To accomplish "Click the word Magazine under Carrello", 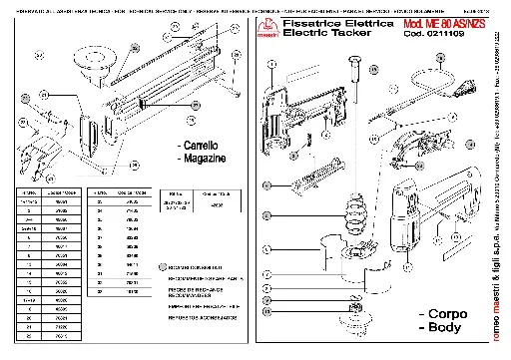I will pyautogui.click(x=206, y=159).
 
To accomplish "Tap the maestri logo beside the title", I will pyautogui.click(x=267, y=26).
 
